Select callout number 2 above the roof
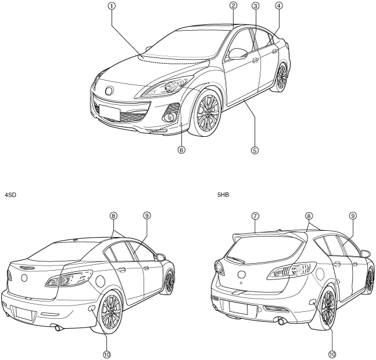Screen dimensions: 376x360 [x=233, y=5]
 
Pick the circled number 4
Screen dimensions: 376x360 [x=279, y=5]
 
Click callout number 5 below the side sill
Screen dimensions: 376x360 [x=254, y=150]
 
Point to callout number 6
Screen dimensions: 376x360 [x=182, y=150]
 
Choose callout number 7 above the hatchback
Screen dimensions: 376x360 [x=256, y=215]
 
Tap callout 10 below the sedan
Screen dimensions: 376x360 [x=107, y=353]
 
